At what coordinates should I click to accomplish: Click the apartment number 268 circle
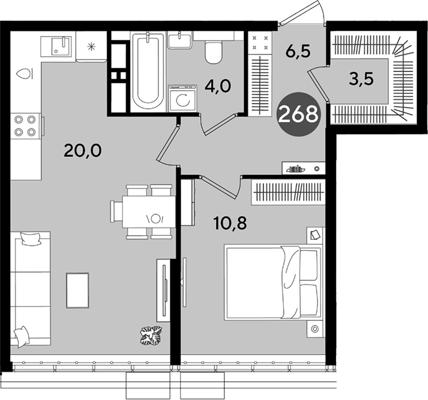pyautogui.click(x=298, y=114)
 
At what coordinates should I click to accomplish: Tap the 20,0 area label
pyautogui.click(x=82, y=150)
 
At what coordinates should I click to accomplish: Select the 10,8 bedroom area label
pyautogui.click(x=230, y=223)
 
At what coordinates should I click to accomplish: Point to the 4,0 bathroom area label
pyautogui.click(x=218, y=86)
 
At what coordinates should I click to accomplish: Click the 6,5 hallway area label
pyautogui.click(x=298, y=50)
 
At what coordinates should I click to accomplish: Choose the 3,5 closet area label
pyautogui.click(x=360, y=79)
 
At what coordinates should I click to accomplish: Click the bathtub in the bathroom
pyautogui.click(x=148, y=72)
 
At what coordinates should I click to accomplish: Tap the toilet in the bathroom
pyautogui.click(x=213, y=52)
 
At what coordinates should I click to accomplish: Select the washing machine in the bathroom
pyautogui.click(x=183, y=98)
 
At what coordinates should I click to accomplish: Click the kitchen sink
pyautogui.click(x=56, y=47)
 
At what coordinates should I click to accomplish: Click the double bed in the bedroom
pyautogui.click(x=274, y=282)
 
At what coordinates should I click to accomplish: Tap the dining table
pyautogui.click(x=149, y=212)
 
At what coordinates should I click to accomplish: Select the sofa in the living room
pyautogui.click(x=31, y=289)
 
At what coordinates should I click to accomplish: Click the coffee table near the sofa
pyautogui.click(x=77, y=291)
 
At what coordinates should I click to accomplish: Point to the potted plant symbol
pyautogui.click(x=151, y=335)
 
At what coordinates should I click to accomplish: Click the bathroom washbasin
pyautogui.click(x=180, y=40)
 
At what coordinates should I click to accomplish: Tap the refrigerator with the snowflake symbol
pyautogui.click(x=91, y=46)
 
